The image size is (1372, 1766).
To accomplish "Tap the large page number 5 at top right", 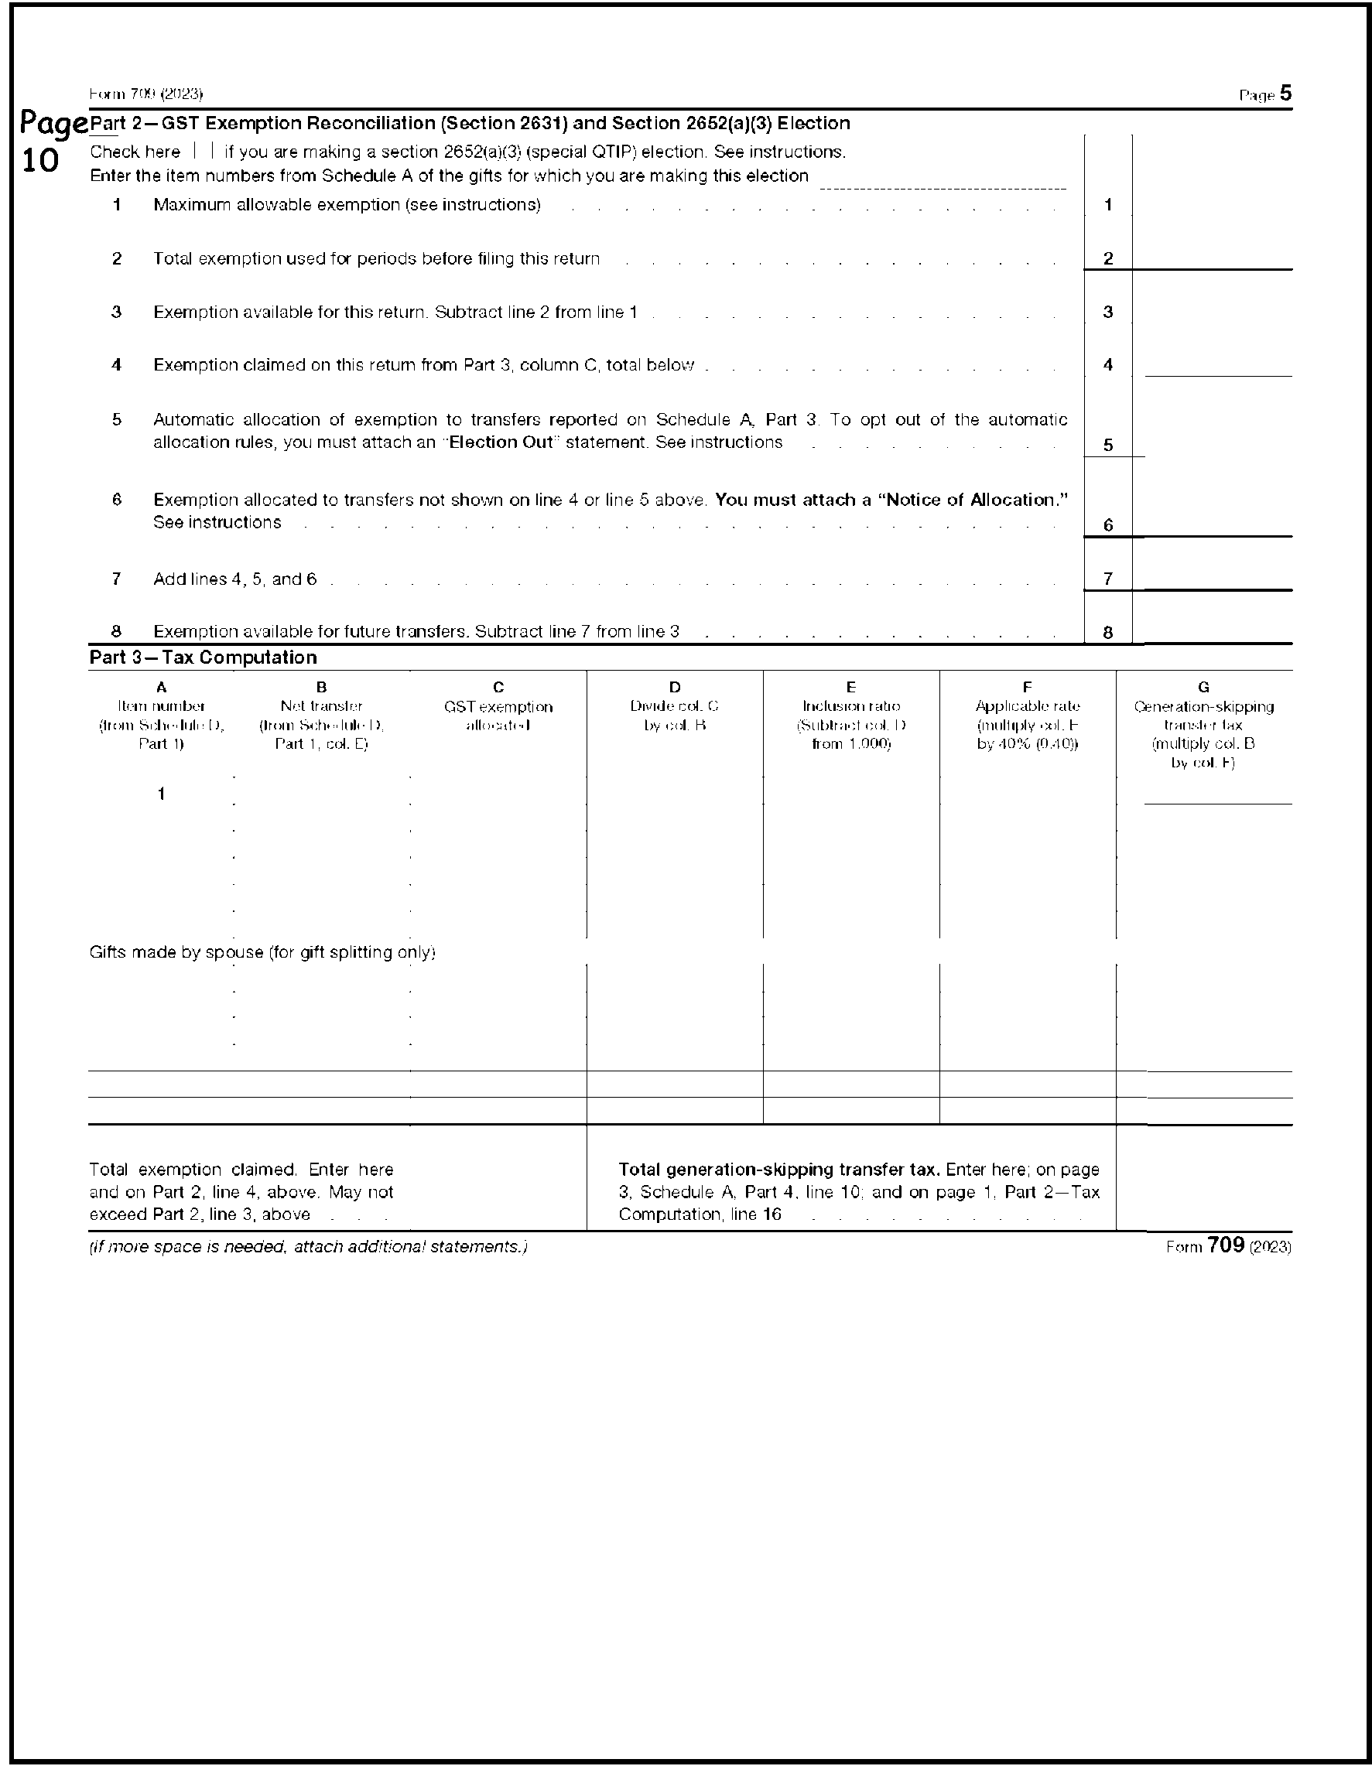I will [x=1285, y=94].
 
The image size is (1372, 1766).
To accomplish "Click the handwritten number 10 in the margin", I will [x=39, y=161].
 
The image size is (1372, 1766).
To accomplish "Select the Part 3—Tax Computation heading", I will [x=203, y=658].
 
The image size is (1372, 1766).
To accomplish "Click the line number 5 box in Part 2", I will [x=1107, y=446].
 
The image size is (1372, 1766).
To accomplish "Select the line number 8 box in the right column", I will [x=1107, y=632].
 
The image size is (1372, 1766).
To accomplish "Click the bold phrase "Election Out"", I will [x=501, y=442].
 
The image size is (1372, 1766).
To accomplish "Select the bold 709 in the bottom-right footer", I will [x=1226, y=1245].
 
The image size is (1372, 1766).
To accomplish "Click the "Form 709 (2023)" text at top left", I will [x=145, y=94].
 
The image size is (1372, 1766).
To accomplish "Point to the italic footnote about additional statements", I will [x=308, y=1247].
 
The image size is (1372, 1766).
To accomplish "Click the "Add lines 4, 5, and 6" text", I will [x=234, y=579].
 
